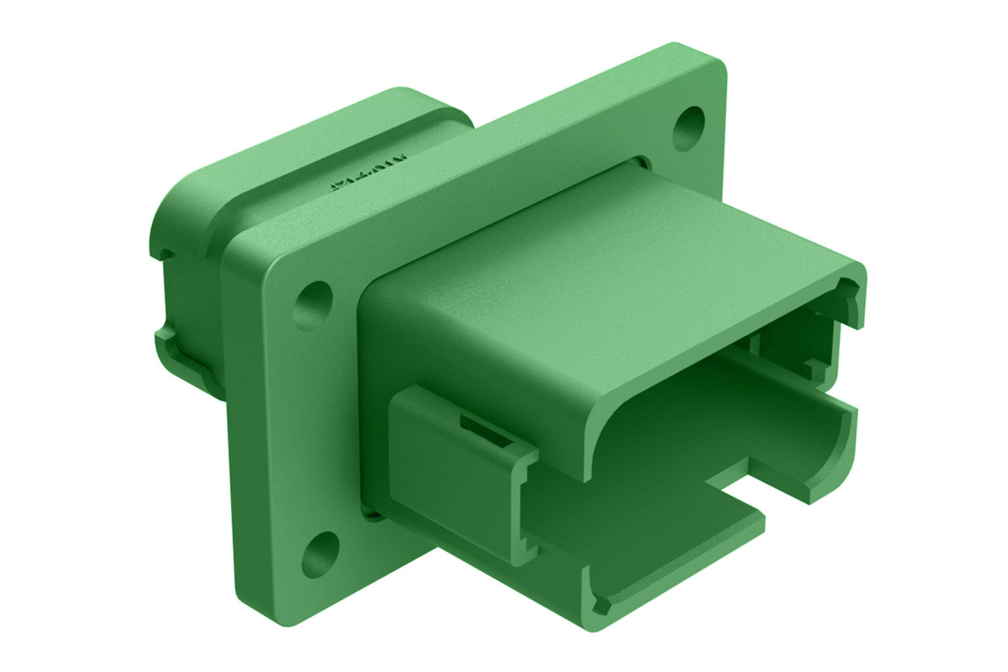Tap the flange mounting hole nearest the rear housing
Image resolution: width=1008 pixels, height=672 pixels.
click(313, 301)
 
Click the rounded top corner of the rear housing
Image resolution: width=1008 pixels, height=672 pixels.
click(398, 94)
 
